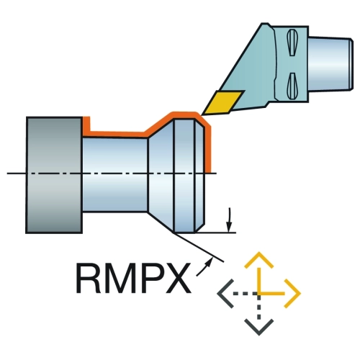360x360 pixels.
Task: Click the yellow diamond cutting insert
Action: coord(222,102)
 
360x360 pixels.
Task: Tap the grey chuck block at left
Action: coord(54,175)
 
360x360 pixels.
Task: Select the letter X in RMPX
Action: coord(179,279)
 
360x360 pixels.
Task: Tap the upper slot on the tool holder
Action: coord(292,42)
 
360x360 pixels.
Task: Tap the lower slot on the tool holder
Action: coord(292,86)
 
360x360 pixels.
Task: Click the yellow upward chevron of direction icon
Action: coord(258,260)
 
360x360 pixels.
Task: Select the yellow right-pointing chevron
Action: coord(293,293)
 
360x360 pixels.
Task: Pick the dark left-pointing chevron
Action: coord(225,293)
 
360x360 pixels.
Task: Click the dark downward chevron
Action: coord(258,327)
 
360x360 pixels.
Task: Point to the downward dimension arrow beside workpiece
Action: coord(230,220)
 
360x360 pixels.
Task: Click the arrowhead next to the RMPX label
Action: coord(210,261)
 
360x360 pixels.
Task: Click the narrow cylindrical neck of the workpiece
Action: coord(115,175)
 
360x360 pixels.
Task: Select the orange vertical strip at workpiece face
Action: coord(208,149)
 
